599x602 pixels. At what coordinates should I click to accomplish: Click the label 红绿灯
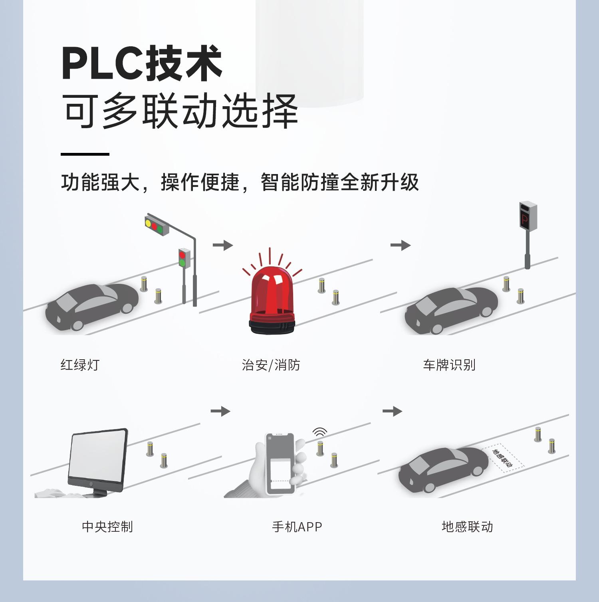(x=80, y=365)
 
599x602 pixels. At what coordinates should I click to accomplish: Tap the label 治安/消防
(x=271, y=365)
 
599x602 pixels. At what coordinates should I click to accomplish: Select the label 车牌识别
(x=449, y=365)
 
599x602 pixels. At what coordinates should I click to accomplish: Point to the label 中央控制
(x=107, y=527)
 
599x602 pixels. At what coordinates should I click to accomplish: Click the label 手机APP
(x=297, y=527)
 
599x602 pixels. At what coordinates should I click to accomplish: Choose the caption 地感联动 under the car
(x=467, y=527)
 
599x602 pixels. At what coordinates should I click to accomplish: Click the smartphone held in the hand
(x=280, y=463)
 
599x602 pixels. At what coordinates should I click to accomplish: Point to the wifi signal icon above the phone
(x=319, y=432)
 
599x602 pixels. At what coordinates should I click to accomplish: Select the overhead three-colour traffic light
(x=157, y=226)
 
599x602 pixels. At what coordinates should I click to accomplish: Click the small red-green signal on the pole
(x=183, y=257)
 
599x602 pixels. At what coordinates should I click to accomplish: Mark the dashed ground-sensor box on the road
(x=503, y=457)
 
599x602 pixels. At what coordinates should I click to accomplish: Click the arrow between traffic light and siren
(x=222, y=245)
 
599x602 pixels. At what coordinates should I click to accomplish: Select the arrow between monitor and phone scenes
(x=220, y=411)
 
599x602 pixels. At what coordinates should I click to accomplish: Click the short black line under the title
(x=85, y=154)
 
